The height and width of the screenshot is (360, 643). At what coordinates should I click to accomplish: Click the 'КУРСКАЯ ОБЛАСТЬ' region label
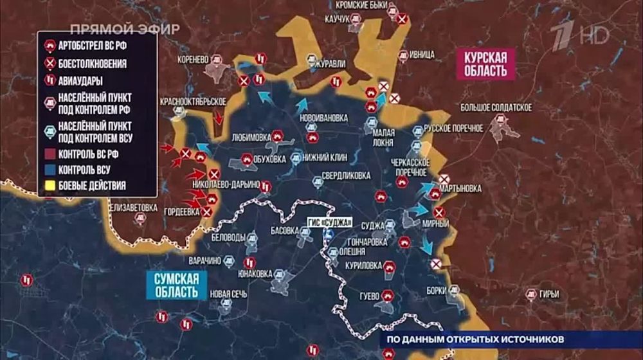(x=486, y=63)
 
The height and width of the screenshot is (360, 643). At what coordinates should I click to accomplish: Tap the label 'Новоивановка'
(x=327, y=118)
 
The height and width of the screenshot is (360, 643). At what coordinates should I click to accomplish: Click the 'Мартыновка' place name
(x=460, y=189)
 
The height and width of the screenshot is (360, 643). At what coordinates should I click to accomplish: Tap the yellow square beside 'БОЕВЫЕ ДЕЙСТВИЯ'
(x=49, y=186)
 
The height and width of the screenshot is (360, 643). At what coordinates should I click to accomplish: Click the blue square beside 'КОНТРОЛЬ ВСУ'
(x=49, y=170)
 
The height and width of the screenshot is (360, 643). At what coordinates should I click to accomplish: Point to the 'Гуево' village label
(x=368, y=296)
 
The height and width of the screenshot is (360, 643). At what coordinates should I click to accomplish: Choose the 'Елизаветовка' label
(x=133, y=207)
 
